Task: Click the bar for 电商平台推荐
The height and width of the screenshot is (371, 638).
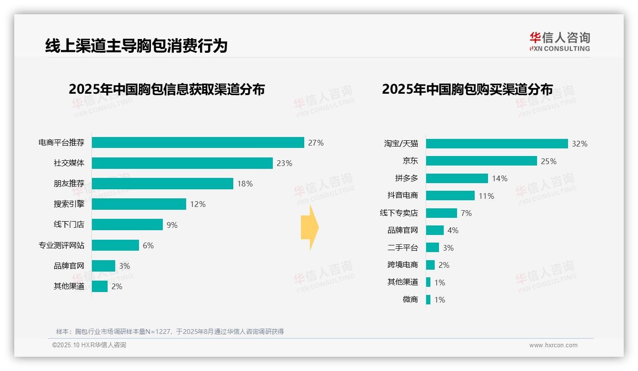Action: click(198, 143)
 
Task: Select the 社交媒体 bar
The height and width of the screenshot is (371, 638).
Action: click(182, 163)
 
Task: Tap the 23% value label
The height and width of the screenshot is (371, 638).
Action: click(284, 163)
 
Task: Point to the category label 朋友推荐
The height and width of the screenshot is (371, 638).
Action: click(69, 184)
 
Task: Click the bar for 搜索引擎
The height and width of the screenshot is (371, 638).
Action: click(139, 204)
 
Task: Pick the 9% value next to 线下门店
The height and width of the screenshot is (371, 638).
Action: click(172, 225)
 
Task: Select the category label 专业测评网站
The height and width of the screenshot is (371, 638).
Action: click(61, 245)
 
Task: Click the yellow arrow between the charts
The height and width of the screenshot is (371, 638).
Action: click(309, 228)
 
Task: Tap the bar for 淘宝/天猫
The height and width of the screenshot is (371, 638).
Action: click(497, 144)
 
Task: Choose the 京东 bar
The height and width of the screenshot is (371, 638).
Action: click(481, 161)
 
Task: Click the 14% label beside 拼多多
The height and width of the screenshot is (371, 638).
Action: click(500, 178)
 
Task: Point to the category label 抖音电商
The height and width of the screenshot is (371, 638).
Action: click(403, 195)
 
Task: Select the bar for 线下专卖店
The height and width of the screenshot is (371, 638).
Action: click(441, 213)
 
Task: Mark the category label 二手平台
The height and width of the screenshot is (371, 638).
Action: click(403, 247)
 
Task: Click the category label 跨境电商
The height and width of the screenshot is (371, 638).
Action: click(403, 265)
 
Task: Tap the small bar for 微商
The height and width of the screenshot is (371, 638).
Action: click(428, 300)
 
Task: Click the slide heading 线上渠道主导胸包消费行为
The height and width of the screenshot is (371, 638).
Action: click(136, 46)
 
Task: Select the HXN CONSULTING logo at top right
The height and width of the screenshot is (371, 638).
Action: click(559, 41)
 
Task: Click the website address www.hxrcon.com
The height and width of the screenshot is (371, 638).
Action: click(553, 345)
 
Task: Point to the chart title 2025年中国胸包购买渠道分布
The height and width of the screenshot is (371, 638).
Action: click(467, 89)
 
